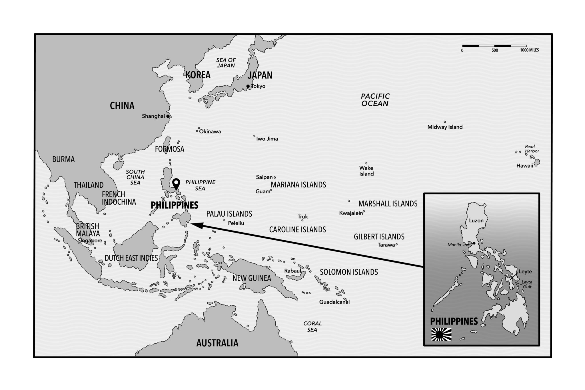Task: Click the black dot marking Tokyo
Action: [x=248, y=86]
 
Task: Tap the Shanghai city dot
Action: [x=168, y=116]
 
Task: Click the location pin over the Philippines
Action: [x=177, y=183]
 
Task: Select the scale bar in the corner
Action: [x=494, y=46]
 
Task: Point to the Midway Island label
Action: [x=445, y=127]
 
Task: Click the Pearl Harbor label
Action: [x=532, y=149]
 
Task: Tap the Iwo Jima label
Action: [x=267, y=139]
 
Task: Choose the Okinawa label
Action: [x=210, y=132]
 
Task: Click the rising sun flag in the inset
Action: [x=441, y=334]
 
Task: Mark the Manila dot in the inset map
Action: [x=474, y=243]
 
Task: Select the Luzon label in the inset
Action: [x=476, y=221]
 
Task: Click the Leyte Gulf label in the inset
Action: [x=527, y=284]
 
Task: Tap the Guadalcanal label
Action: [x=334, y=302]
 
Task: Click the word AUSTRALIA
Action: [x=217, y=343]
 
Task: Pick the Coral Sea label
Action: [x=312, y=327]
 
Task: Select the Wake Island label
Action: [x=366, y=171]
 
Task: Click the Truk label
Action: [x=303, y=217]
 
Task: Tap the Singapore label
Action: [x=90, y=241]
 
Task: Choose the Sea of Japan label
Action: [x=226, y=63]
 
